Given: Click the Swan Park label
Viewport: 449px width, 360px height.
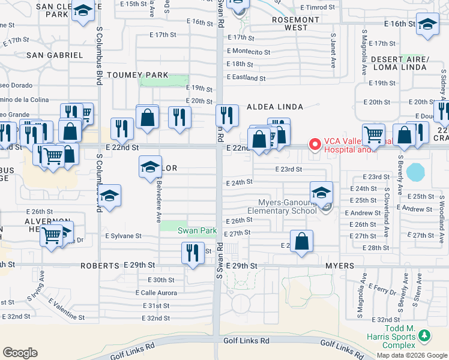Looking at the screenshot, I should pos(197,230).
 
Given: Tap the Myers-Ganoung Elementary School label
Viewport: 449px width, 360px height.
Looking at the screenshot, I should pos(282,206).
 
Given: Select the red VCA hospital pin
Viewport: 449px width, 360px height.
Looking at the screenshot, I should pos(313,144).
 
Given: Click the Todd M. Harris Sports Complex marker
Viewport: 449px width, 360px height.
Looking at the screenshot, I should pos(425,335).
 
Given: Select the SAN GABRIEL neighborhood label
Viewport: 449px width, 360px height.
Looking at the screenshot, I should pos(54,55).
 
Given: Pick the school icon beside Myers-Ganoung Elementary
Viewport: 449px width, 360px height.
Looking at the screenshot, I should pos(322,193).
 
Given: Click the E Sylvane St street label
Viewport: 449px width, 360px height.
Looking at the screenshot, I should pos(123,236).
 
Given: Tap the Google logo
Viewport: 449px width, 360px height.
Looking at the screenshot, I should pos(20,353).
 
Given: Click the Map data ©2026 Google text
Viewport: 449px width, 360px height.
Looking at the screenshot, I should pos(412,355).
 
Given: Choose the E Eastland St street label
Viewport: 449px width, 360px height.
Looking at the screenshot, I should pos(246,78).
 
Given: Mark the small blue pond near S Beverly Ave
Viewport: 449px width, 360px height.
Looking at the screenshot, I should pos(415,172).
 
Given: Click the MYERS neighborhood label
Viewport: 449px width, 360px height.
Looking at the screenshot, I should pos(340,265).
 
